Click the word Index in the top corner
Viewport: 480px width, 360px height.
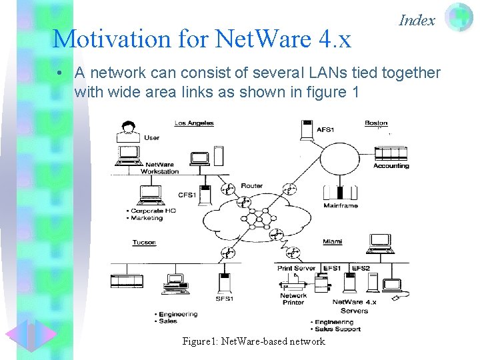(417, 20)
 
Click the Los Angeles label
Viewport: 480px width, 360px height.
(194, 123)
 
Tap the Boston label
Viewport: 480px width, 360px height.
(376, 123)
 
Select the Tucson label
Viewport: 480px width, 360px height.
(144, 242)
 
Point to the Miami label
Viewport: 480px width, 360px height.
(332, 241)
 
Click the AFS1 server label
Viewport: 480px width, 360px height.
(327, 129)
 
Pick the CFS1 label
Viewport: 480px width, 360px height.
(187, 195)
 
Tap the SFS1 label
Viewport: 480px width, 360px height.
(224, 299)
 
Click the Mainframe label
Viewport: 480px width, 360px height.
(341, 205)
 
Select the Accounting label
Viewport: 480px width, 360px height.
(391, 165)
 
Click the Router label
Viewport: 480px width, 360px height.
(252, 186)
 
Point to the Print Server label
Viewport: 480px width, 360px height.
(297, 268)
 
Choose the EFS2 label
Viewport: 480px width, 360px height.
(361, 268)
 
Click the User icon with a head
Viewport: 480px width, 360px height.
(128, 131)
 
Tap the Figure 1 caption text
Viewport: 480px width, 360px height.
(253, 341)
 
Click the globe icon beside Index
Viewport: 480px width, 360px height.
(458, 18)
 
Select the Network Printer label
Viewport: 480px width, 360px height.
(293, 299)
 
